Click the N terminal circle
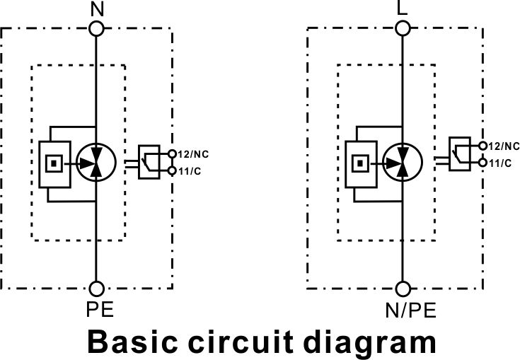click(x=96, y=28)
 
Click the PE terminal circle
click(x=96, y=289)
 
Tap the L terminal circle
click(x=403, y=28)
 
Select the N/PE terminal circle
click(x=403, y=289)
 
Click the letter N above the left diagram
click(x=97, y=9)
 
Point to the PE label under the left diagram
click(x=100, y=310)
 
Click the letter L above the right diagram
click(x=402, y=8)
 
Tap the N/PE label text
click(x=410, y=310)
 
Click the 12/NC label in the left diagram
click(x=193, y=154)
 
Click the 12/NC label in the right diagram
click(x=504, y=146)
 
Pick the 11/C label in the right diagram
click(x=499, y=163)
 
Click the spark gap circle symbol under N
click(x=96, y=163)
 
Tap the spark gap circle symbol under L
click(x=403, y=163)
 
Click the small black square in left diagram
click(x=54, y=163)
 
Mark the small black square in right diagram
click(x=360, y=163)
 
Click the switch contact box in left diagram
click(x=149, y=162)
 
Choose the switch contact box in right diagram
click(x=460, y=153)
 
